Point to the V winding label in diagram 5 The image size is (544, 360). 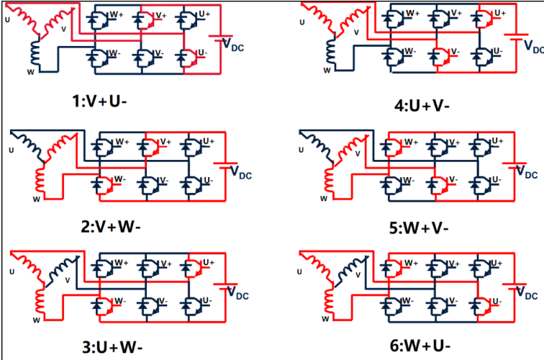358,153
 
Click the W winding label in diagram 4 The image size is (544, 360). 326,71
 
